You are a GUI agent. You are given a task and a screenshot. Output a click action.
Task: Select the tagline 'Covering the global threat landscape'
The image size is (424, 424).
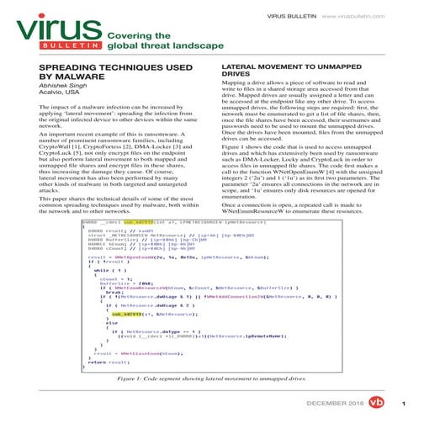pyautogui.click(x=156, y=41)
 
